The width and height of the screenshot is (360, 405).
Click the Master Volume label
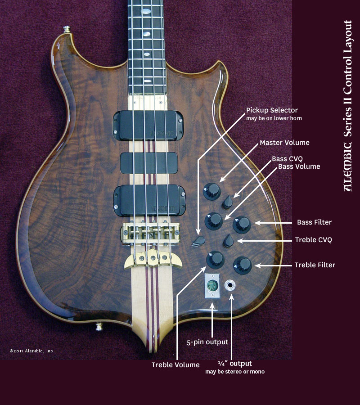click(284, 143)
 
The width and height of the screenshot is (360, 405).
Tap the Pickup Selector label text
click(272, 110)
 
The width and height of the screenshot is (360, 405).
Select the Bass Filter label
click(314, 222)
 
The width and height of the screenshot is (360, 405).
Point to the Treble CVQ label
click(313, 240)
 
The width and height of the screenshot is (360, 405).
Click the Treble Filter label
click(315, 265)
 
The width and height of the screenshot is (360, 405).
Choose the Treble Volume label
click(175, 365)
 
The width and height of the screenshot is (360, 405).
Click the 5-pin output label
click(207, 342)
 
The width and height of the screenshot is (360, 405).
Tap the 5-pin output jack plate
click(211, 285)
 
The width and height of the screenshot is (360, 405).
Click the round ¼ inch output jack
click(231, 285)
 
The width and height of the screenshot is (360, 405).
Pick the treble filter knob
click(242, 265)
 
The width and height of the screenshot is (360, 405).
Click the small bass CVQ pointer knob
click(228, 202)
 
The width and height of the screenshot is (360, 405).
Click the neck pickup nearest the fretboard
click(148, 123)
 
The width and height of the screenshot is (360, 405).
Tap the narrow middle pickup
click(148, 163)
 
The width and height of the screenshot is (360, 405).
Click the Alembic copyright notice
click(32, 351)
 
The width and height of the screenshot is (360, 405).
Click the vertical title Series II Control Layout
click(348, 106)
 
